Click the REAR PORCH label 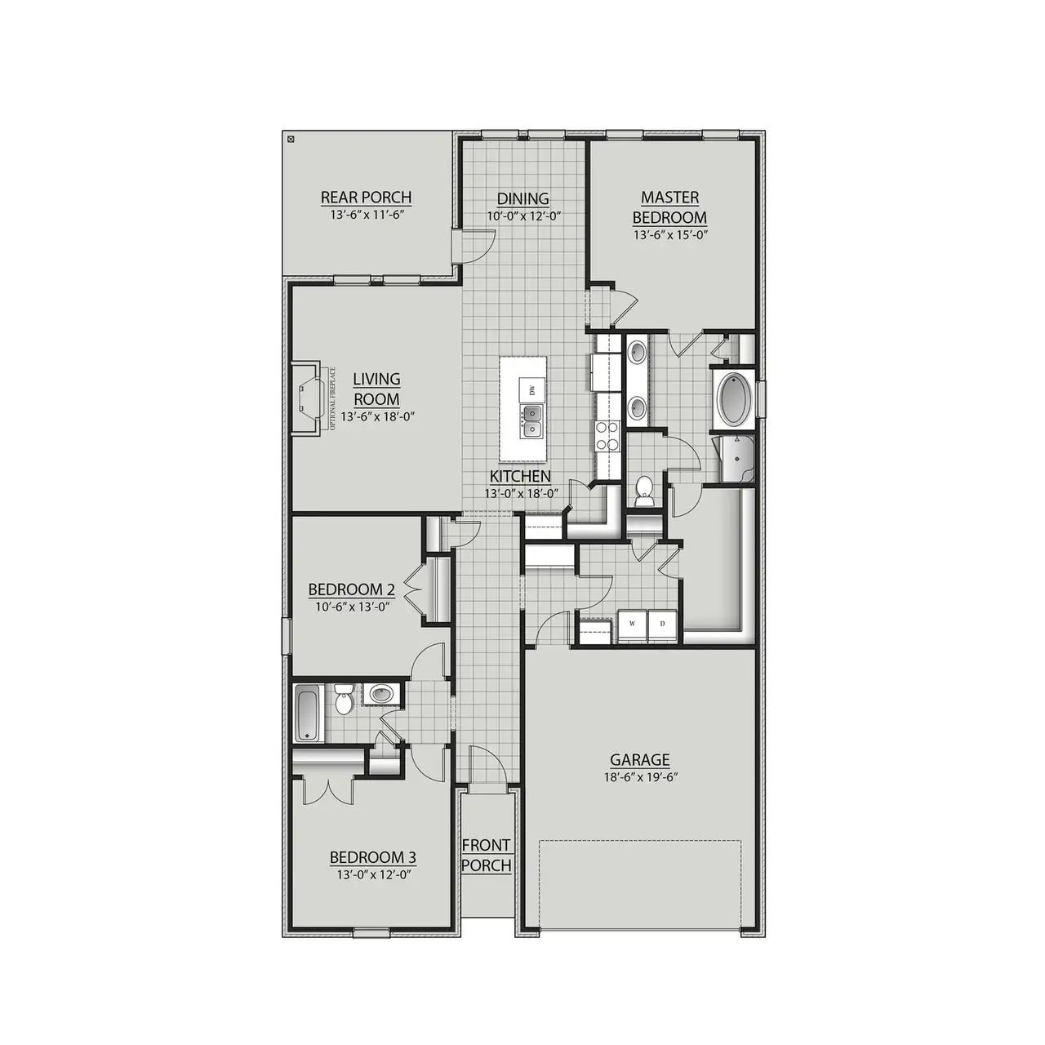[366, 198]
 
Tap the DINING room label [523, 198]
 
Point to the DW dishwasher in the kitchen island [532, 389]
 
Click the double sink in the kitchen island [531, 422]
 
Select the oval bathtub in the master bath [733, 399]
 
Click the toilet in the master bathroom [644, 490]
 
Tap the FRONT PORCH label [487, 855]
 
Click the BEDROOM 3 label [372, 857]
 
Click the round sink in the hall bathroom [381, 695]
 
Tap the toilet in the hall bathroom [343, 700]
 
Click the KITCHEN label [520, 476]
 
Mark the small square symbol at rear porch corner [291, 140]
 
